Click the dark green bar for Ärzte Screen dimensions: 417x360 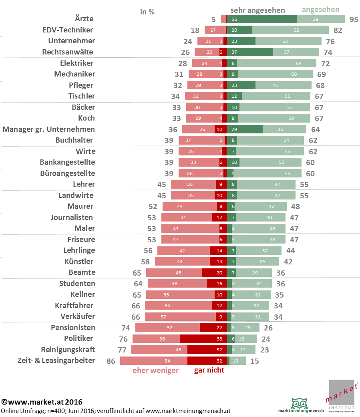(x=262, y=19)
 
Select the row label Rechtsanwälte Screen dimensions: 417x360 (x=68, y=52)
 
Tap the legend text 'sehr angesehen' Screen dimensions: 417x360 (x=258, y=10)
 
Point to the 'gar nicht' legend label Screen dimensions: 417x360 (x=209, y=370)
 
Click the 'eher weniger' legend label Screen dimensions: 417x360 (x=155, y=371)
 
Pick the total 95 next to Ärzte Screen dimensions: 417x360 (x=353, y=19)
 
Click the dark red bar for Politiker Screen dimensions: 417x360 (x=203, y=338)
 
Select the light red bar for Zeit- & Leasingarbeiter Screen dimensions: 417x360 (x=154, y=361)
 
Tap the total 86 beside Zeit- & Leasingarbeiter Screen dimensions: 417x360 (x=111, y=361)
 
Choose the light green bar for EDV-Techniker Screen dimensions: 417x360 (x=290, y=30)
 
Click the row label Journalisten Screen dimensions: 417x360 (x=72, y=217)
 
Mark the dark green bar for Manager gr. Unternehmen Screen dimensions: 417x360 (x=245, y=129)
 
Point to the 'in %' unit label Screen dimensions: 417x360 (x=147, y=12)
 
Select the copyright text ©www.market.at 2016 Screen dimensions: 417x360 (x=42, y=401)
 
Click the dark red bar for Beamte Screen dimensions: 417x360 (x=214, y=272)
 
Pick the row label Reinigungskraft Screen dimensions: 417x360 (x=68, y=349)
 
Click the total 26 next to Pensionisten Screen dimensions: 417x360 (x=268, y=328)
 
